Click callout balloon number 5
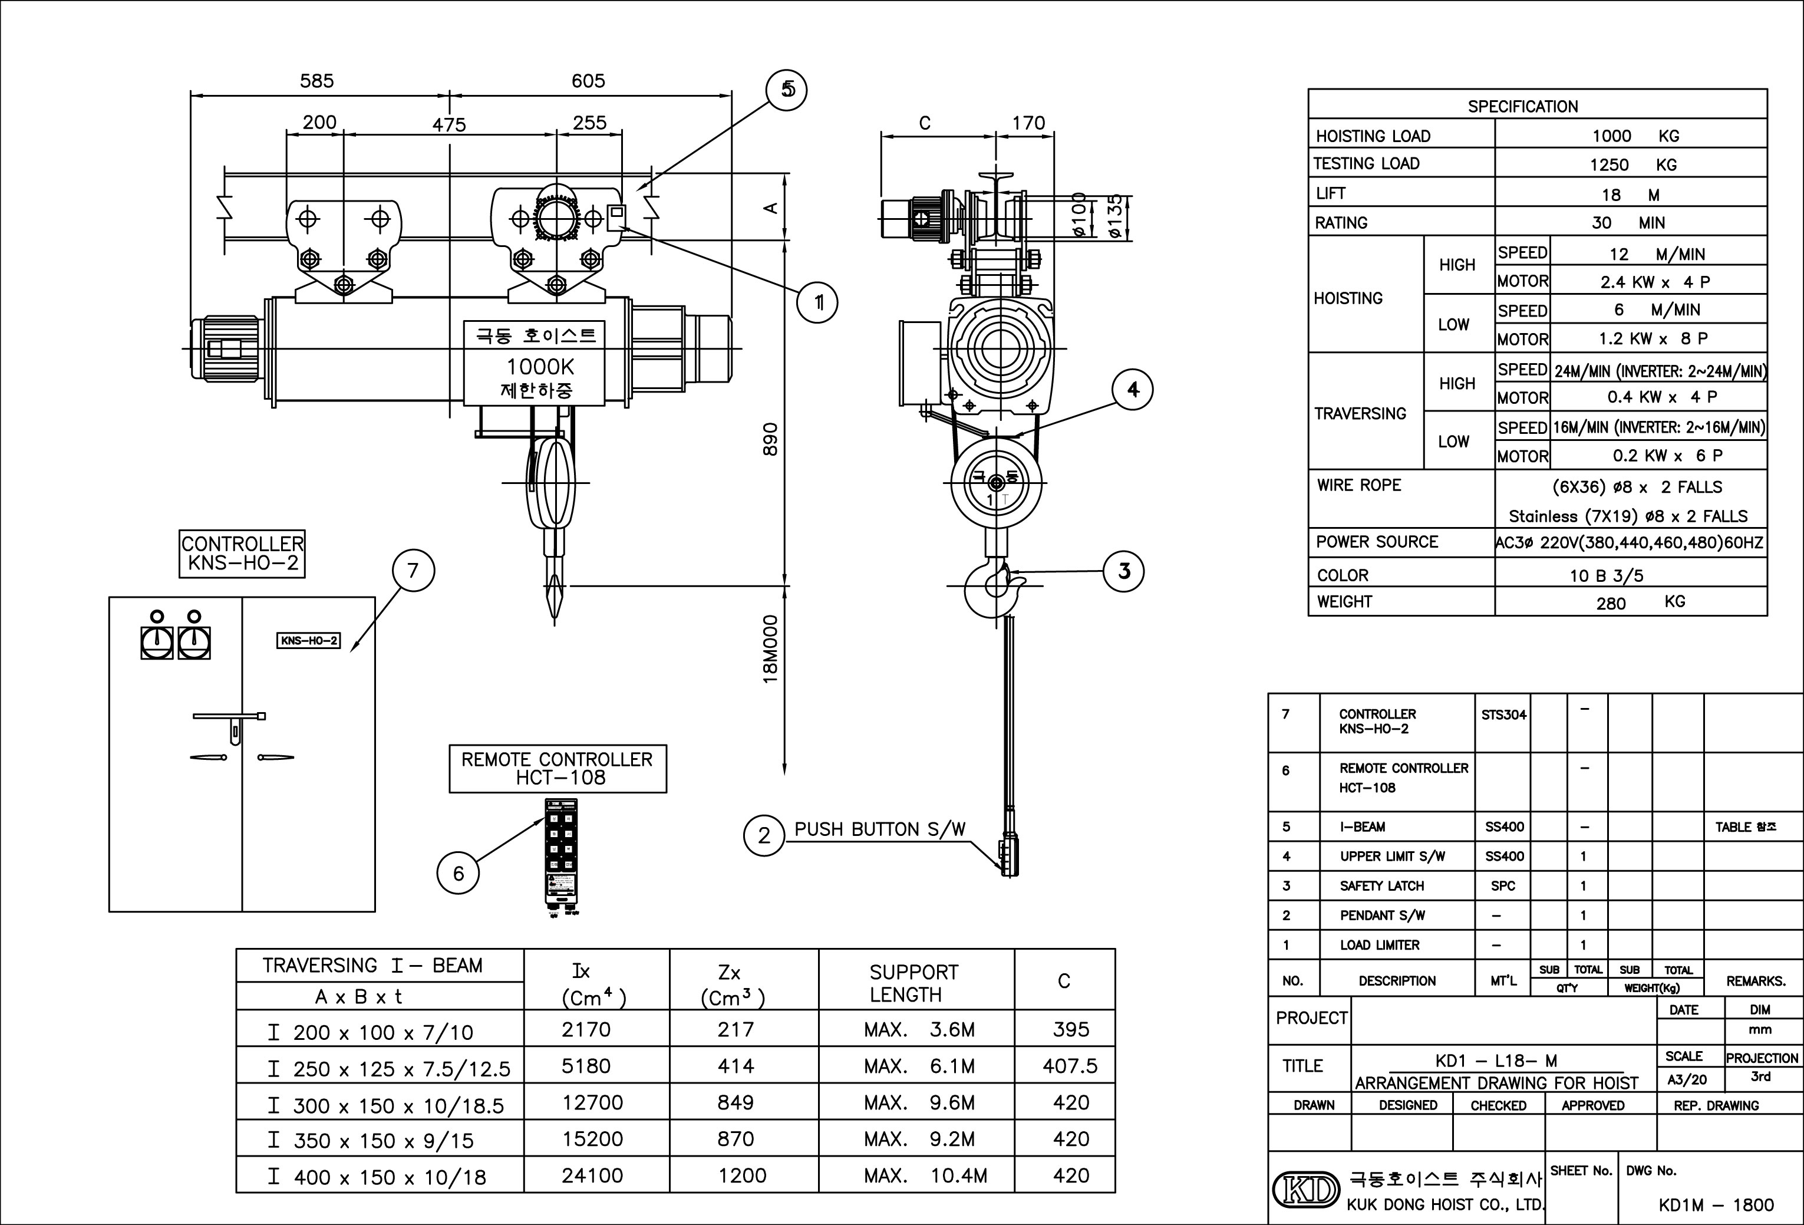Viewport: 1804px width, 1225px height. pos(786,90)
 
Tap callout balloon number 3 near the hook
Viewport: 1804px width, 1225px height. pos(1124,571)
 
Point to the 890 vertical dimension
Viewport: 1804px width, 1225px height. pos(770,439)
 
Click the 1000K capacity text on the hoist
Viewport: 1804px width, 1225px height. pos(540,367)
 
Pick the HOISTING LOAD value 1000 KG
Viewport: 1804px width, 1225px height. pos(1635,136)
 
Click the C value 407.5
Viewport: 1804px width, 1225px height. pos(1070,1066)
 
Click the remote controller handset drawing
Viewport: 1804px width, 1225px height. pos(560,858)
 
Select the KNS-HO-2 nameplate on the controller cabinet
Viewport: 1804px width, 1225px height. pos(308,640)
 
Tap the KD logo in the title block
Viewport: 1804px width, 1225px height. pos(1305,1188)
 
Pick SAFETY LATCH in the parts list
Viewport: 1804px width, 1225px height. pos(1381,886)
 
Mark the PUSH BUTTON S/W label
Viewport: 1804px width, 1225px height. pos(879,829)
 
